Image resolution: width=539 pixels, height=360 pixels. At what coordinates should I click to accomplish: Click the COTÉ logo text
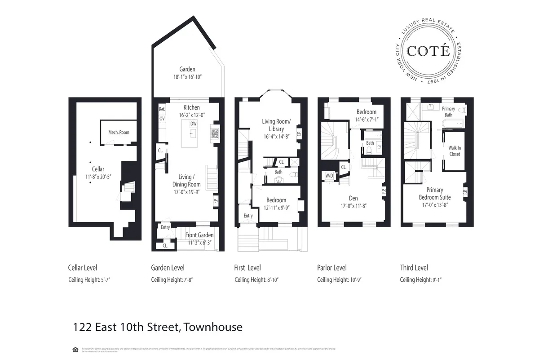tap(428, 50)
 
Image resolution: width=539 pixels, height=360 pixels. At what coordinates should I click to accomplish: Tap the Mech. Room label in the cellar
tap(119, 132)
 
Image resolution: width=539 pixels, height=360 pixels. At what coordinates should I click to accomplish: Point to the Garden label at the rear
tap(187, 69)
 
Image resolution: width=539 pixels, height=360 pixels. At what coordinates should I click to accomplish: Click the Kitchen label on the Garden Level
tap(192, 107)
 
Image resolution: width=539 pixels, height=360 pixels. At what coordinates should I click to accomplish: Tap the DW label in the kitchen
tap(193, 124)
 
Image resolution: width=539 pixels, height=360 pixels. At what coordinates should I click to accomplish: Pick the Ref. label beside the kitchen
tap(162, 109)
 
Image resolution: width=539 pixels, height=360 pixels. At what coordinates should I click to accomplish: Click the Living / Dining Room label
tap(186, 181)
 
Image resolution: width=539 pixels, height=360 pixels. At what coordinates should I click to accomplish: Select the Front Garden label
tap(199, 235)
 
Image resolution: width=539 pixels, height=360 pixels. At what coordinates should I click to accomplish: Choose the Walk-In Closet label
tap(455, 151)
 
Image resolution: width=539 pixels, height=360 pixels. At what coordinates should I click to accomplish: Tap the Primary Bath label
tap(448, 111)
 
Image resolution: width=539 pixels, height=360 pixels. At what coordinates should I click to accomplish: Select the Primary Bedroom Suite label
tap(434, 194)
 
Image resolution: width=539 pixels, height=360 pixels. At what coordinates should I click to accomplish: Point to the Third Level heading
tap(414, 268)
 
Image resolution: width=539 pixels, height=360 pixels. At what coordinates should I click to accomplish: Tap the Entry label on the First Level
tap(248, 216)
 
